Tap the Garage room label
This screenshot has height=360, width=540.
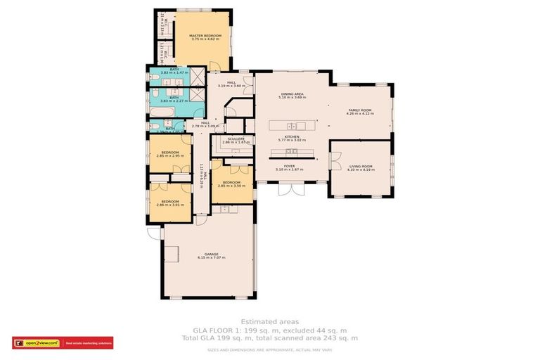(211, 256)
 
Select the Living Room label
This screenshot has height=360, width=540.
(361, 168)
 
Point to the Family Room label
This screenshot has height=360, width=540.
(360, 112)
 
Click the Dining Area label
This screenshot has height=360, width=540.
(292, 95)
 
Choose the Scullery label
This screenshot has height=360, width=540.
(236, 141)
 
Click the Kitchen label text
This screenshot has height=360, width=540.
(292, 138)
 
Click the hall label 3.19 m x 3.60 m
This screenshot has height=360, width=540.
(231, 84)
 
